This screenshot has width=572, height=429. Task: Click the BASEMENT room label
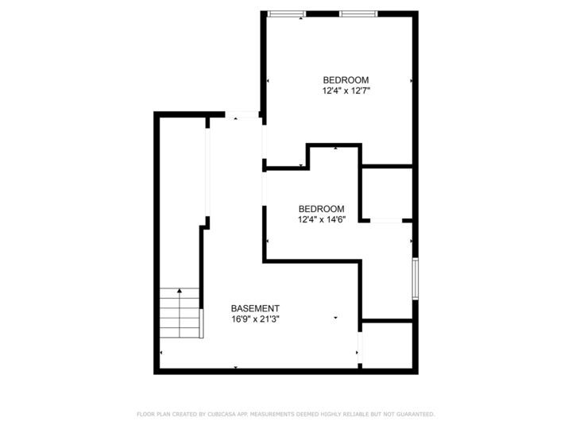tap(254, 308)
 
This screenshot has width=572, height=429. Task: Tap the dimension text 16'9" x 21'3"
tap(254, 319)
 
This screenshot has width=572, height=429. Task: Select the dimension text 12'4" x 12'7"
tap(346, 91)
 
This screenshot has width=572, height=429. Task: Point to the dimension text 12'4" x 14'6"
tap(321, 219)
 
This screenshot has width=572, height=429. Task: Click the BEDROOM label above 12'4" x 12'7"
tap(346, 79)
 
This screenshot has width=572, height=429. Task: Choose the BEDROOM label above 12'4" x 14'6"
tap(321, 208)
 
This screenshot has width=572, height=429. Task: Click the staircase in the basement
tap(181, 312)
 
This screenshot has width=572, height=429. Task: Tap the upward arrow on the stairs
tap(181, 292)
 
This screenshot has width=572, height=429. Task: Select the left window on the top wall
tap(286, 14)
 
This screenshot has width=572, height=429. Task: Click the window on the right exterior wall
tap(414, 277)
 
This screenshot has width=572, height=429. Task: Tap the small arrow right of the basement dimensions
tap(336, 319)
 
